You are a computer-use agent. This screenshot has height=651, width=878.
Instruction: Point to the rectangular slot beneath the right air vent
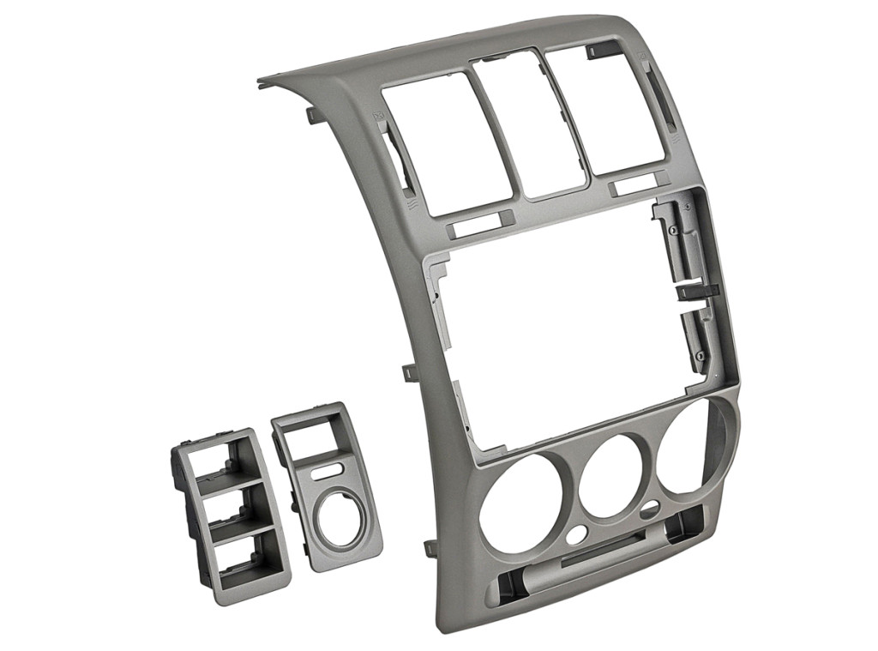[x=638, y=184]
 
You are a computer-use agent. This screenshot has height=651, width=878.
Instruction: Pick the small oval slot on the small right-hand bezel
[x=328, y=471]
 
